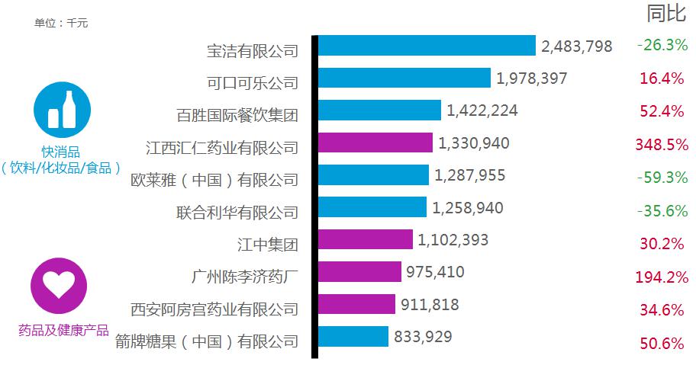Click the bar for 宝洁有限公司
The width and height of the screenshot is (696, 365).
(x=426, y=46)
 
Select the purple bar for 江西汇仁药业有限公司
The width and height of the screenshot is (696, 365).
(x=375, y=142)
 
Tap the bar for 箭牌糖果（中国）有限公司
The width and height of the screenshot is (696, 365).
(x=353, y=336)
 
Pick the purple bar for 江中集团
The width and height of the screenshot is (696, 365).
(x=365, y=240)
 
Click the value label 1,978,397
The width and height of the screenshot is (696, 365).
(x=532, y=78)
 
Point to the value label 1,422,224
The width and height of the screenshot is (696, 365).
(x=482, y=110)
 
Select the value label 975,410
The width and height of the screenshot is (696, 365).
(x=436, y=272)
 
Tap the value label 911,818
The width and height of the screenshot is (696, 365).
(x=430, y=305)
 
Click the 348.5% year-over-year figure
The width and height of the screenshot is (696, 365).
(x=661, y=143)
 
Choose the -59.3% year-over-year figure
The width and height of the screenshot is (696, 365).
(x=662, y=177)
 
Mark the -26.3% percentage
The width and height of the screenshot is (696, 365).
(x=662, y=45)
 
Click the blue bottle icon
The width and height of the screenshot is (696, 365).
(x=62, y=110)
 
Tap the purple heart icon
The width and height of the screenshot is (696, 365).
(x=58, y=285)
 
